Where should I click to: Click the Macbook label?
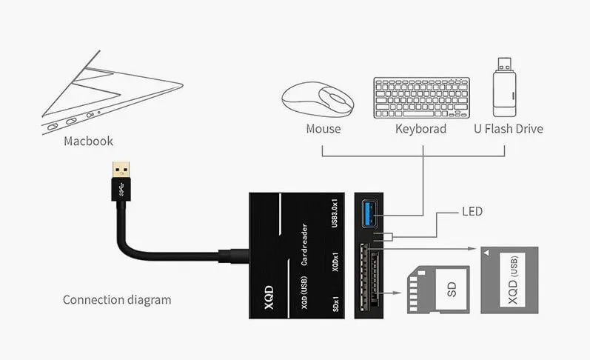tap(88, 141)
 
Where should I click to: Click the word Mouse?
tap(324, 129)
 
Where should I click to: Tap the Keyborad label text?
tap(420, 129)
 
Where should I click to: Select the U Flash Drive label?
tap(508, 129)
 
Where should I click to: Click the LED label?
tap(472, 212)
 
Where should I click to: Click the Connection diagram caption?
tap(116, 300)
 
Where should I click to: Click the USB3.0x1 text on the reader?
tap(335, 214)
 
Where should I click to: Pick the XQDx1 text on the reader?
tap(335, 264)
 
